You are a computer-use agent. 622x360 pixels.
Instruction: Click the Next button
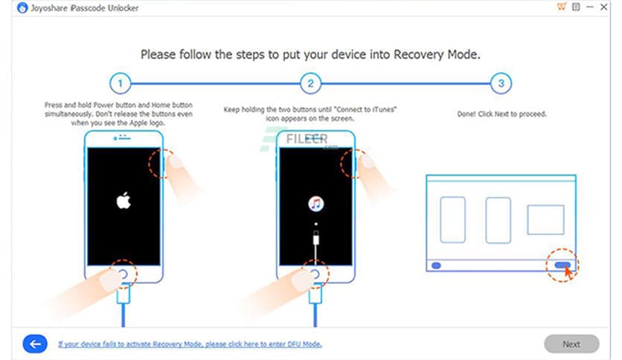pyautogui.click(x=571, y=344)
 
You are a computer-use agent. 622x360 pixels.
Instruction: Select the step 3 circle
pyautogui.click(x=501, y=83)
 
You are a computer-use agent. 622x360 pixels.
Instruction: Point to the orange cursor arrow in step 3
pyautogui.click(x=569, y=271)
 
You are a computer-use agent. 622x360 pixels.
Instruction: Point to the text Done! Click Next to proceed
pyautogui.click(x=501, y=114)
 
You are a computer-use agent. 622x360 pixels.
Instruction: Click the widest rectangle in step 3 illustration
pyautogui.click(x=545, y=219)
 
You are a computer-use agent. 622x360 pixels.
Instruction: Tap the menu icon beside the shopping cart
pyautogui.click(x=576, y=7)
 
